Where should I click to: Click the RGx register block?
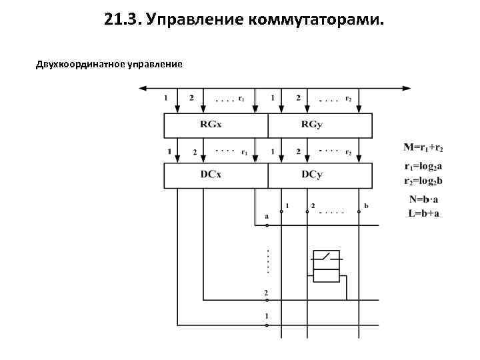pos(216,124)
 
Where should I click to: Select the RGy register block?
pos(319,124)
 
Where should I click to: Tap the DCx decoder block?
pos(216,175)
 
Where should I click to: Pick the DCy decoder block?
pos(319,175)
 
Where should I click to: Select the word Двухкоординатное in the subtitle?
pos(77,64)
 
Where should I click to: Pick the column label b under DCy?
pos(366,205)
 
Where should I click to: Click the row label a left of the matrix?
pos(267,216)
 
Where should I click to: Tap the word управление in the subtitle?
pos(153,64)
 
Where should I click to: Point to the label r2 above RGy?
pos(349,99)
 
